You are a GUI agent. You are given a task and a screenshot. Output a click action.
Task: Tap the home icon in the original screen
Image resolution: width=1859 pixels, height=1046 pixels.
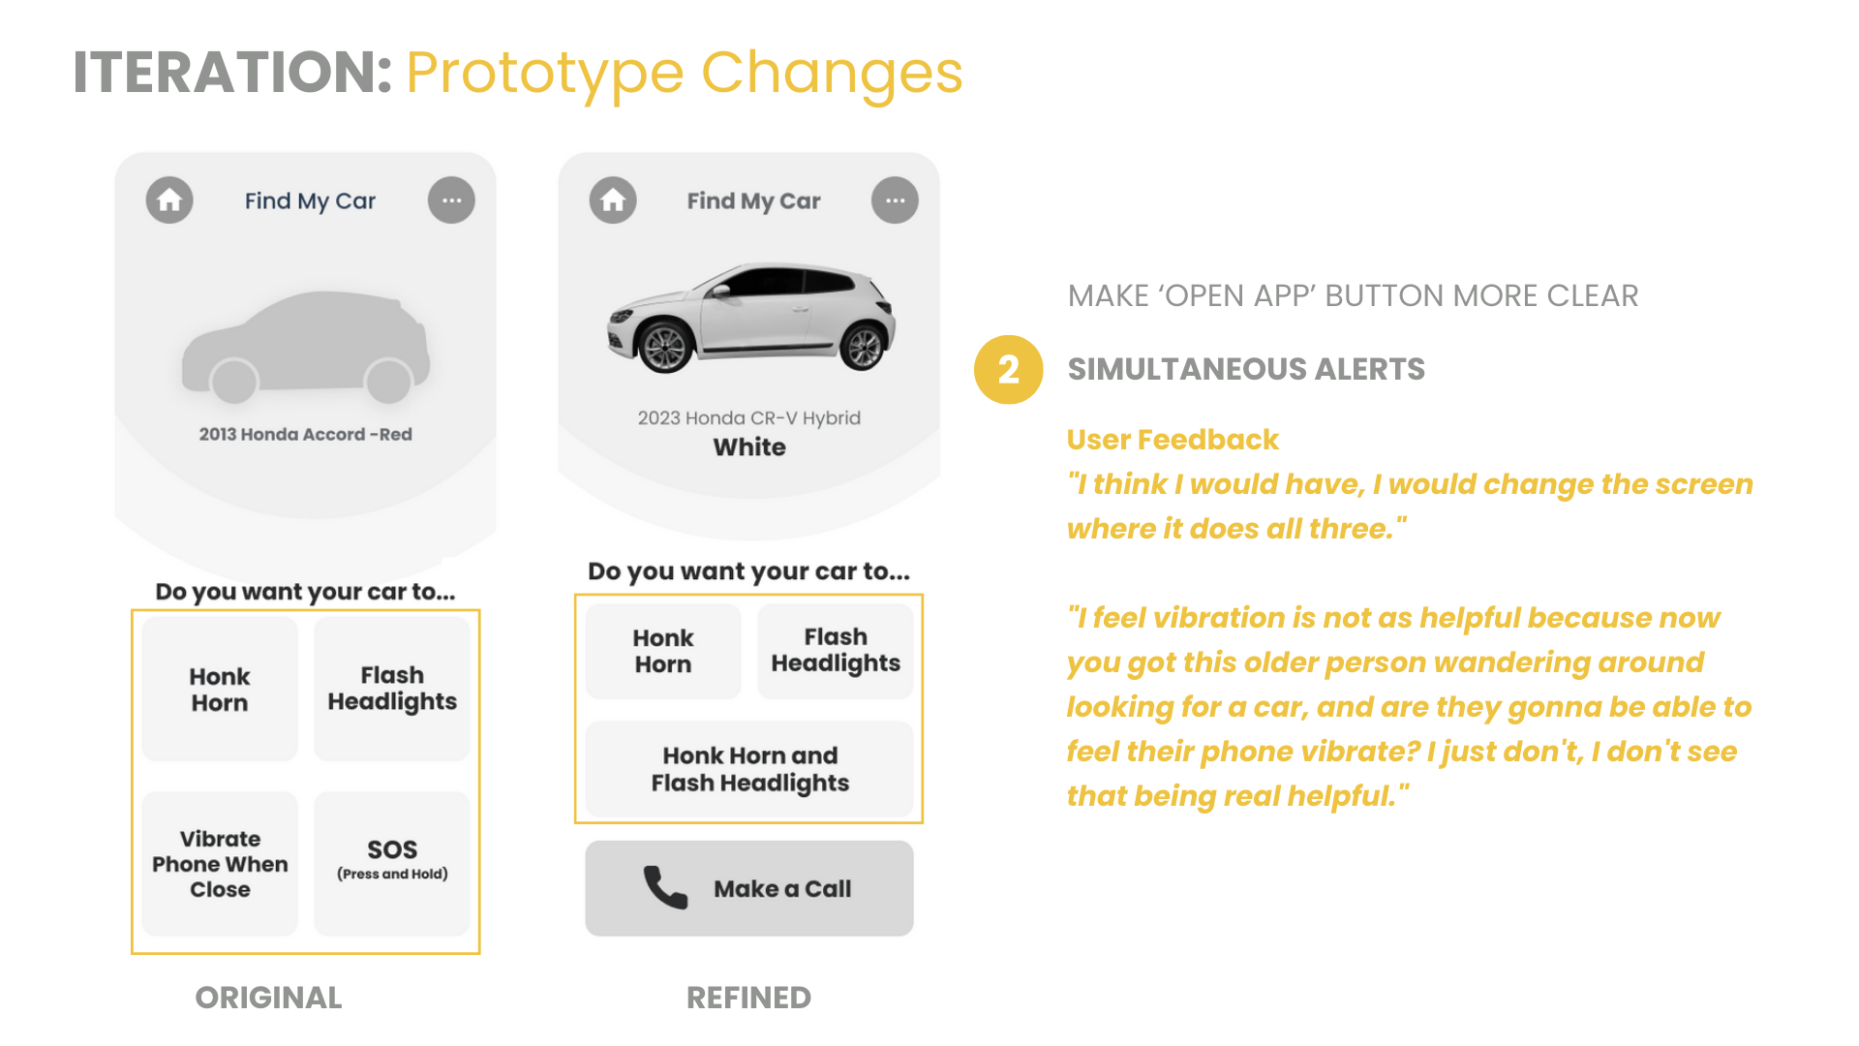click(169, 200)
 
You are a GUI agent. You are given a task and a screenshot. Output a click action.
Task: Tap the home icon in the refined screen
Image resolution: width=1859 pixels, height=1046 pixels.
click(613, 200)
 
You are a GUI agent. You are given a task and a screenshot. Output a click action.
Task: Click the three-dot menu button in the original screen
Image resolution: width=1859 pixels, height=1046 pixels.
click(451, 200)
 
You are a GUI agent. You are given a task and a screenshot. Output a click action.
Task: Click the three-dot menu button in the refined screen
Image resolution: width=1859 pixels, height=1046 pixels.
click(895, 200)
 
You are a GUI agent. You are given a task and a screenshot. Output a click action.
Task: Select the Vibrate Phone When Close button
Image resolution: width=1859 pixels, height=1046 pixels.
click(220, 864)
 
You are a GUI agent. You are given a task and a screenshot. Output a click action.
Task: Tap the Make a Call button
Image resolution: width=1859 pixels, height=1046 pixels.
click(749, 888)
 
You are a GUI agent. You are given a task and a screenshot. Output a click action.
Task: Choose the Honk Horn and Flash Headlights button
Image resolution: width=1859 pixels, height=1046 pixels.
click(749, 769)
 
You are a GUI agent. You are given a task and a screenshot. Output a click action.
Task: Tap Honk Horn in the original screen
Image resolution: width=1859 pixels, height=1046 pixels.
click(220, 689)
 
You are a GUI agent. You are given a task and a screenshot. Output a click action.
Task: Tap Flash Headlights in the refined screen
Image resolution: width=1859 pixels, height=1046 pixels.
click(836, 651)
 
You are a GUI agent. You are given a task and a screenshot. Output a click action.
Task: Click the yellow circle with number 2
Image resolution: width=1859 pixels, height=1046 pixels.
click(1008, 369)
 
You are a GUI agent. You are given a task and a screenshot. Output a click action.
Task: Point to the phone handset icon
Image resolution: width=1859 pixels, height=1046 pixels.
click(665, 887)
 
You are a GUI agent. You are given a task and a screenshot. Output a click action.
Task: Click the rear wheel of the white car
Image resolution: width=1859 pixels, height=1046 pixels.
click(862, 347)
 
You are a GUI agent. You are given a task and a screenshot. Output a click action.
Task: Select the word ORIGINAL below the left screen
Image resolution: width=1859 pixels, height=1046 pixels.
click(268, 998)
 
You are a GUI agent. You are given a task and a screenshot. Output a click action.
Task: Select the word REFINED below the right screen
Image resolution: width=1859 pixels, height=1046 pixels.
click(748, 998)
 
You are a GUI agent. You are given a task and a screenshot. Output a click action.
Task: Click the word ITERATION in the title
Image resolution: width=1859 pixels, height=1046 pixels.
click(232, 73)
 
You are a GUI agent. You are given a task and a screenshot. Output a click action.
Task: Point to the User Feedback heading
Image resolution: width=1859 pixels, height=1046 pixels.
click(1173, 440)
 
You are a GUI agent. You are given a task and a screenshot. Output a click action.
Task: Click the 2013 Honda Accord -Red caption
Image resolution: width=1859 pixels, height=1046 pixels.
click(306, 434)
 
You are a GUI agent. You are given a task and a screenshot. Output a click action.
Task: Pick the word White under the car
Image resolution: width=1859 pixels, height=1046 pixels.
click(749, 447)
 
